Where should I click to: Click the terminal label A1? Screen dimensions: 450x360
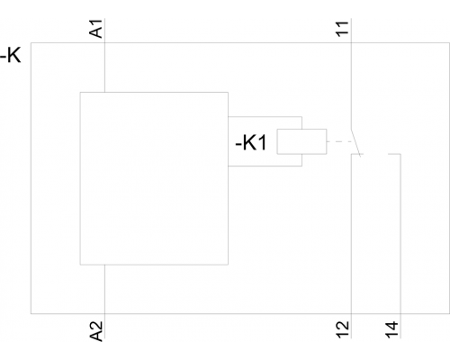click(x=96, y=29)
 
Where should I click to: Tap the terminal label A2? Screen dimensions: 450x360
click(x=96, y=331)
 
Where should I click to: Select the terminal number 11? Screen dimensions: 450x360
click(x=343, y=29)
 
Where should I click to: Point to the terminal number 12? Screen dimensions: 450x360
click(x=343, y=329)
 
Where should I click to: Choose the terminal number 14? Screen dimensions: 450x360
click(x=392, y=329)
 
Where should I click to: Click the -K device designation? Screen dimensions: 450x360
click(x=11, y=55)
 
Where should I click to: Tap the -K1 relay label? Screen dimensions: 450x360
click(x=251, y=142)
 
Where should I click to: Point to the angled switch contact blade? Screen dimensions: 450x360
click(x=355, y=143)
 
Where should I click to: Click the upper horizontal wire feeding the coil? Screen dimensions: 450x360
click(x=265, y=116)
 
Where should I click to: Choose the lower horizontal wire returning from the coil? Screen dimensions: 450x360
click(x=265, y=166)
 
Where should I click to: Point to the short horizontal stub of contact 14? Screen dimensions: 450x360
click(x=394, y=154)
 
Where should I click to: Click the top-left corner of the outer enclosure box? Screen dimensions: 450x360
click(x=31, y=42)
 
